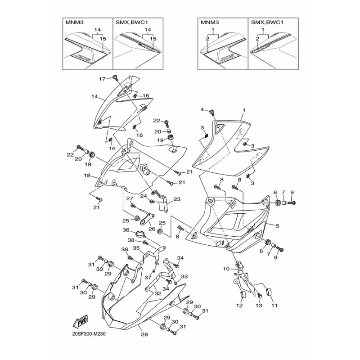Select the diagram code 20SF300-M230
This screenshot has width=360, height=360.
click(x=91, y=334)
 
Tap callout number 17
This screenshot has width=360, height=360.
click(x=102, y=79)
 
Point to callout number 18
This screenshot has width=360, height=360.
click(x=87, y=175)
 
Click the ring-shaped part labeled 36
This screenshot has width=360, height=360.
click(x=140, y=234)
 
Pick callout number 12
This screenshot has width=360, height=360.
click(x=239, y=306)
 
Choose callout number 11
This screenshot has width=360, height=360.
click(x=274, y=306)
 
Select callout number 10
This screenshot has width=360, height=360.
click(x=226, y=269)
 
